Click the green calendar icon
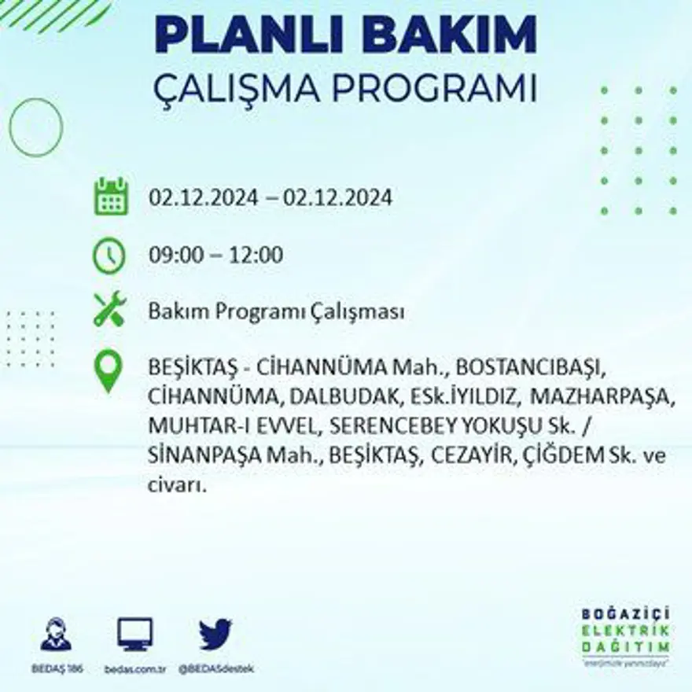(x=111, y=197)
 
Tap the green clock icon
(x=109, y=256)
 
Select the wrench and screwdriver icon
(x=109, y=309)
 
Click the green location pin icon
(x=109, y=372)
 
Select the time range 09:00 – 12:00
(x=215, y=256)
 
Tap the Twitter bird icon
(x=215, y=634)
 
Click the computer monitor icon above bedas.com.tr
(x=134, y=634)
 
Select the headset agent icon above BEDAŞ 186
(x=56, y=634)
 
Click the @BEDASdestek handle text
(x=215, y=668)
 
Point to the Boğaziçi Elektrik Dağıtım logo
(x=625, y=635)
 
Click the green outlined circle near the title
(x=36, y=127)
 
